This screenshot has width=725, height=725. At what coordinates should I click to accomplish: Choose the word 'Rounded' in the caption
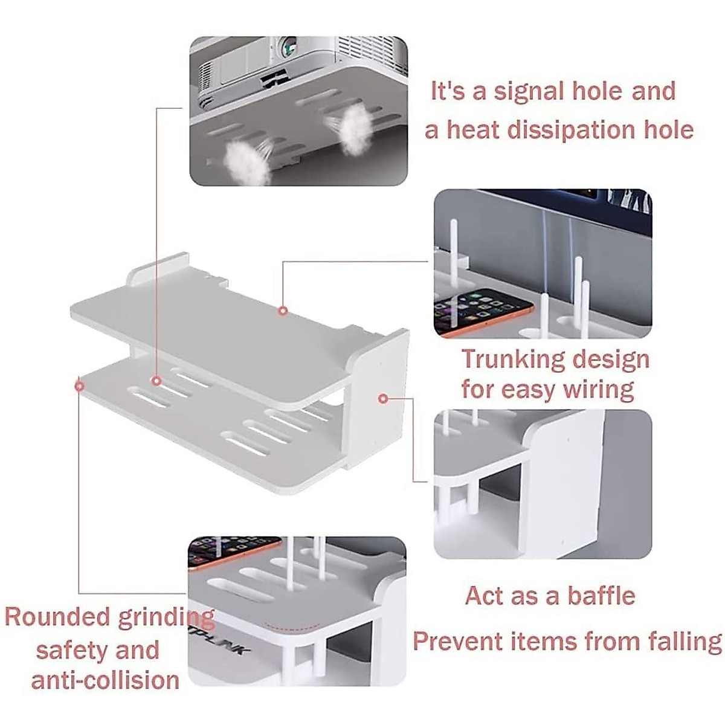[x=57, y=617]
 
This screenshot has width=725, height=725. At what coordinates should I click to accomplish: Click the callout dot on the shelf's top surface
[x=282, y=311]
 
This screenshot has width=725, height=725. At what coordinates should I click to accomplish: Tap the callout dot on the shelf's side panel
[x=382, y=398]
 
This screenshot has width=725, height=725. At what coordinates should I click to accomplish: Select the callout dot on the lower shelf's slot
[x=156, y=381]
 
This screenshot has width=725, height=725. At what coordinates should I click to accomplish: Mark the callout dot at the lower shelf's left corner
[x=79, y=385]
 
